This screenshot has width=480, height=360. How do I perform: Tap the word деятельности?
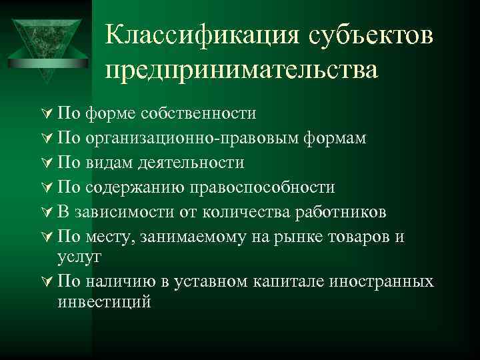tap(192, 162)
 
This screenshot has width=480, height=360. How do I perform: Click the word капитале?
tap(284, 281)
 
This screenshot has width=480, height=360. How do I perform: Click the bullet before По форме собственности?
tap(47, 113)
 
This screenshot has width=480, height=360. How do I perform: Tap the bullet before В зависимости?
tap(47, 212)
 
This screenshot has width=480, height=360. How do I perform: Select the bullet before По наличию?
tap(47, 281)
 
